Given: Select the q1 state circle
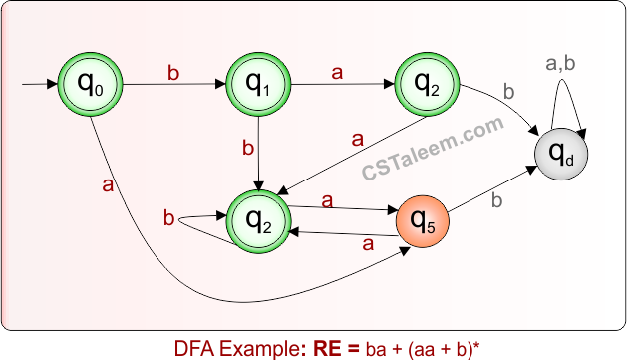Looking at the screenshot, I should tap(258, 86).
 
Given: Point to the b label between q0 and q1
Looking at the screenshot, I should tap(172, 73).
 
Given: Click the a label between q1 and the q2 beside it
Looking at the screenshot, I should tap(337, 73).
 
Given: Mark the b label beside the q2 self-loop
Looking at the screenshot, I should tap(168, 217).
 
